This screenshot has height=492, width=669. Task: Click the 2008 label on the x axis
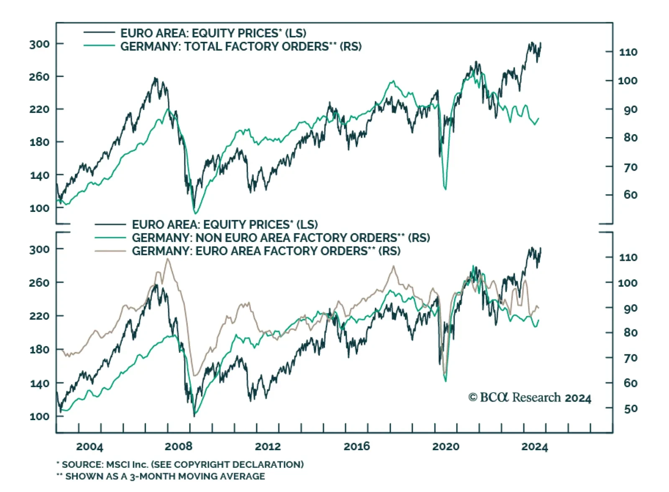click(x=179, y=446)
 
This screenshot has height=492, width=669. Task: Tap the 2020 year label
click(x=445, y=446)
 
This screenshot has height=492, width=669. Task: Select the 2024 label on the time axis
click(x=534, y=446)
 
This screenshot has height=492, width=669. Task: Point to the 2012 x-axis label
click(x=268, y=446)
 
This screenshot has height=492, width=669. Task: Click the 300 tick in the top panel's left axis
click(x=39, y=44)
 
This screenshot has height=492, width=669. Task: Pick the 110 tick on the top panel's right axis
click(x=628, y=52)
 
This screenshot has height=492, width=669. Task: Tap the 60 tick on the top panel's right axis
click(x=631, y=195)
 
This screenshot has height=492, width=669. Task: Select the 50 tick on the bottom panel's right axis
click(x=631, y=408)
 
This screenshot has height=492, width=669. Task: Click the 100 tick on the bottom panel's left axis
click(x=39, y=416)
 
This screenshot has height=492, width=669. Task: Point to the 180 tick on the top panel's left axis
click(x=39, y=142)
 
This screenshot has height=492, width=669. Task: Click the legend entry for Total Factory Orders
click(x=241, y=46)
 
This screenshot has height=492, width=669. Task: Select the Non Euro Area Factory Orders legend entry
click(x=281, y=238)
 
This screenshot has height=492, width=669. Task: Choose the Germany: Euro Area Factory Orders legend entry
click(x=266, y=251)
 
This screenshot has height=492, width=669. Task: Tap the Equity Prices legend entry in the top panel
click(x=213, y=33)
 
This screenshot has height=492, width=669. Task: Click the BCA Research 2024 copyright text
click(x=530, y=398)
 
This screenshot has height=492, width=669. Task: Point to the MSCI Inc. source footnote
click(x=180, y=464)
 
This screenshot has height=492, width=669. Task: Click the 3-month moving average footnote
click(x=161, y=476)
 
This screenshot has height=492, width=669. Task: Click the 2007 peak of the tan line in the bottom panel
click(x=168, y=259)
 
